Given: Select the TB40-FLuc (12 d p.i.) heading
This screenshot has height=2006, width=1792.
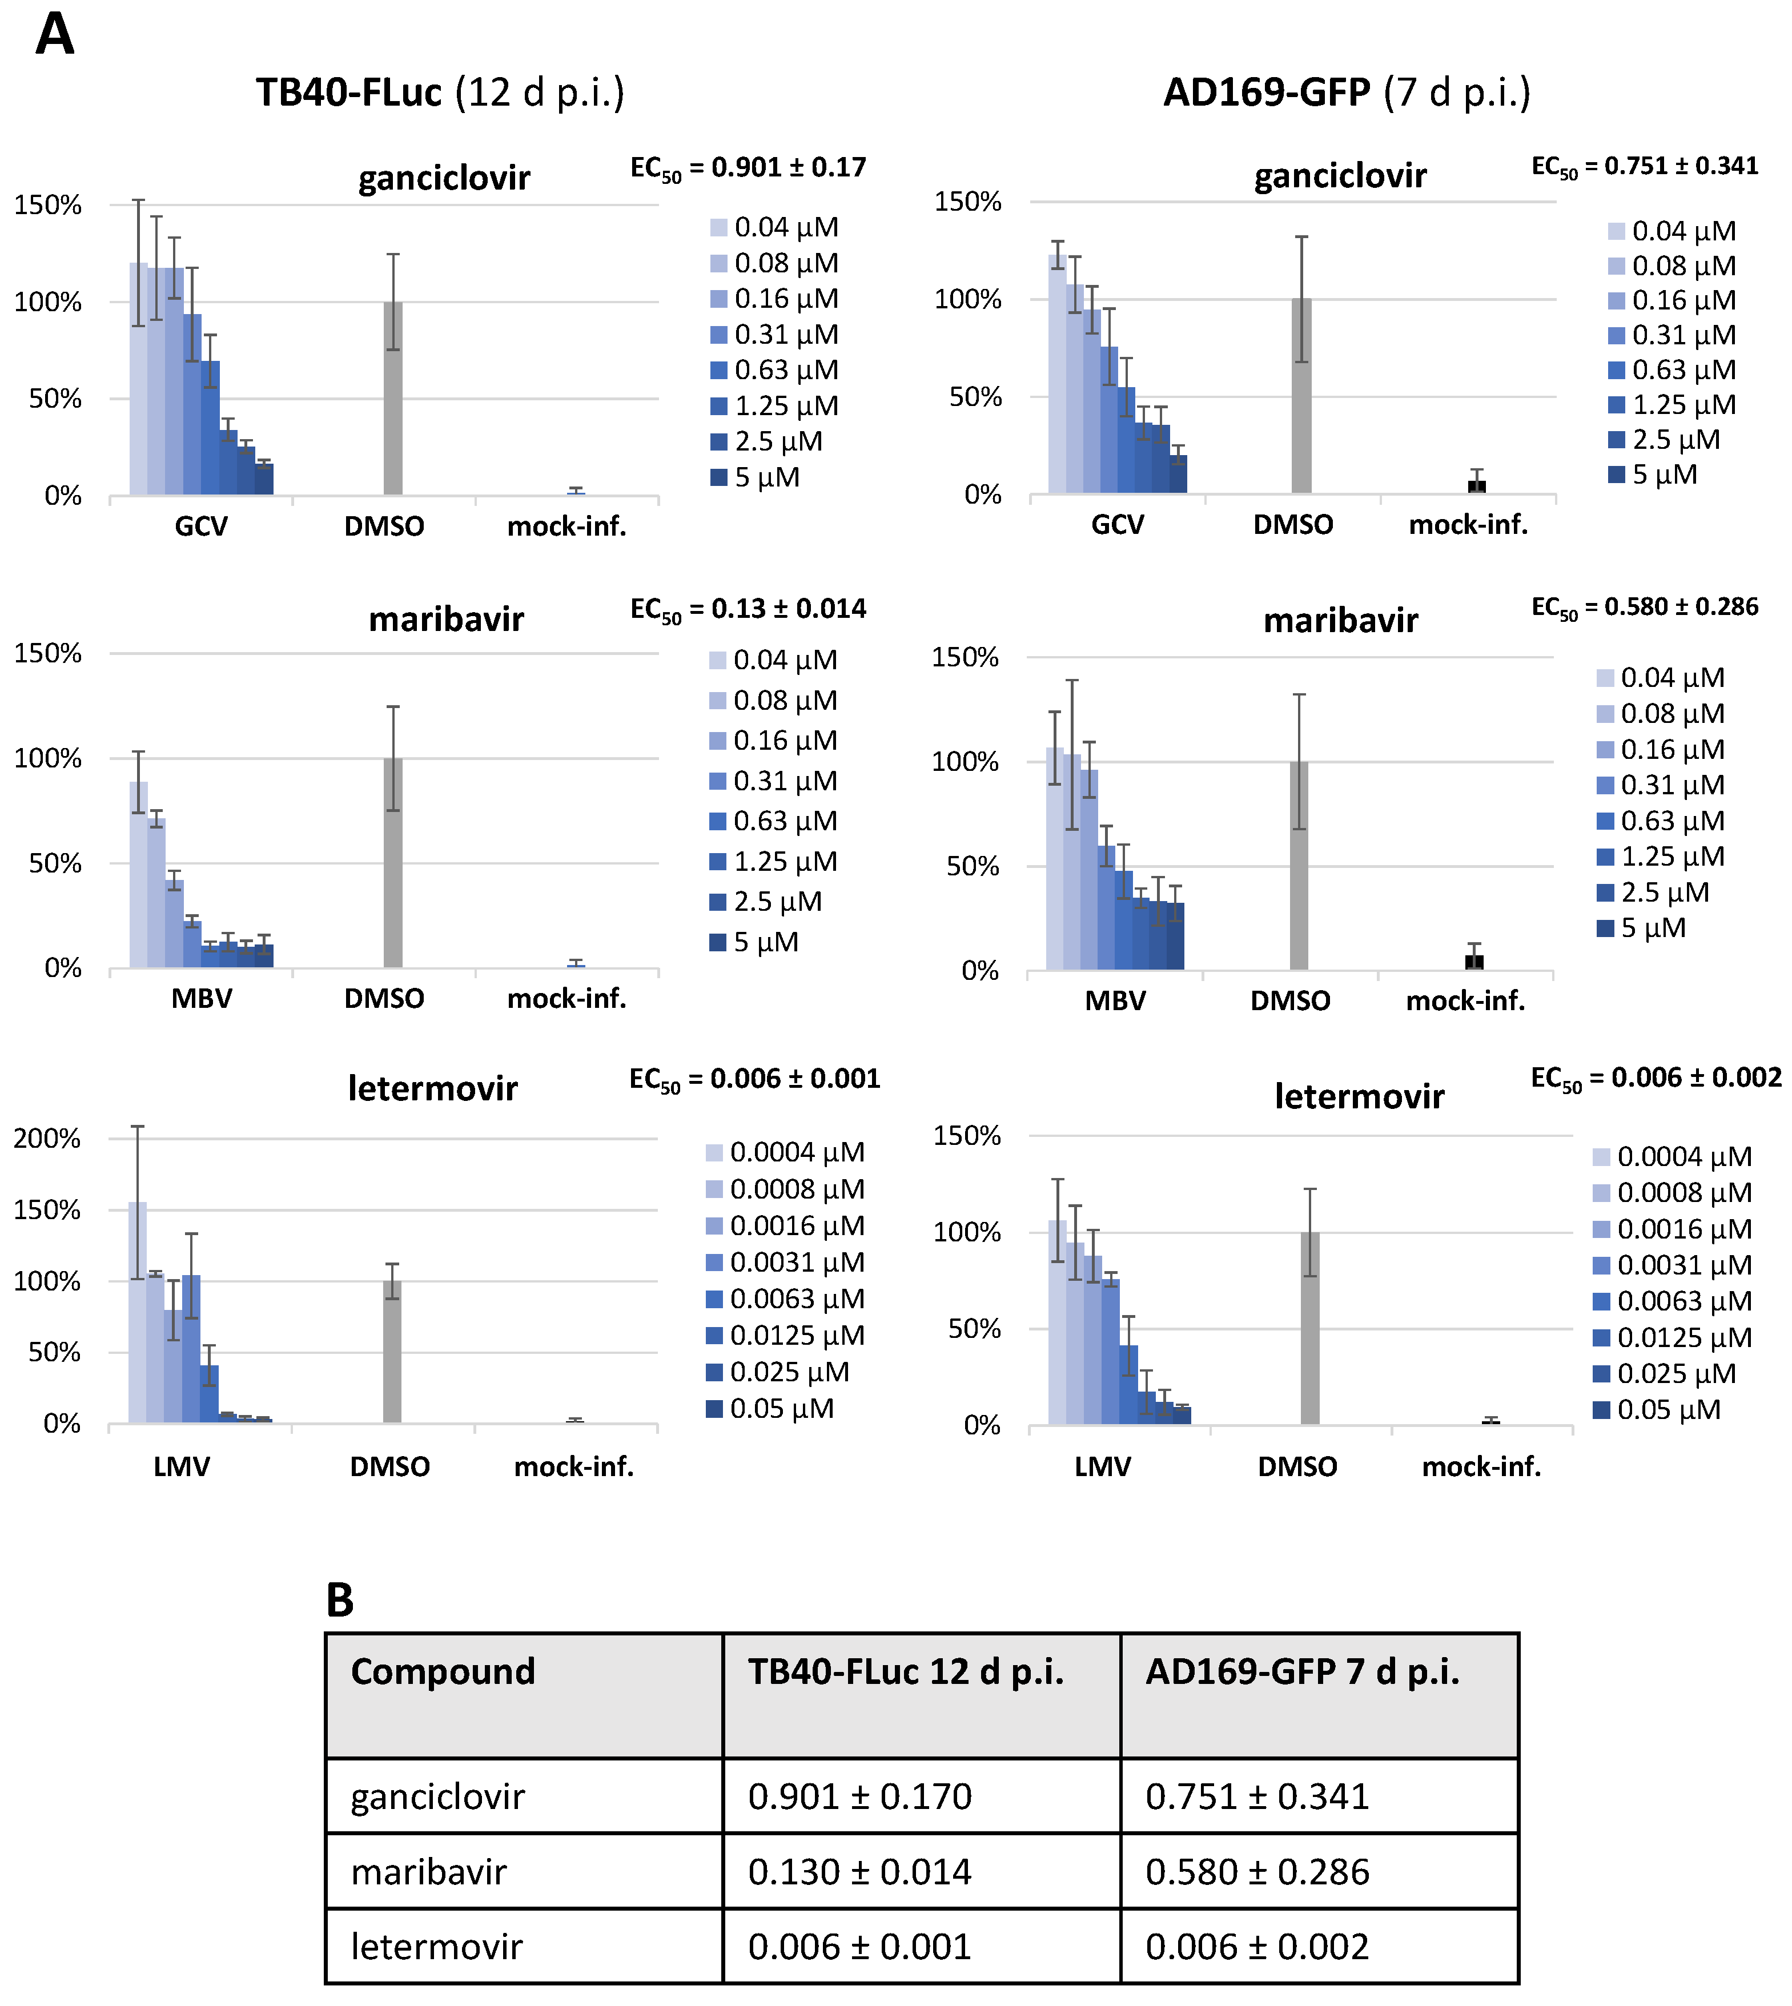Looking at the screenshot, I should click(440, 93).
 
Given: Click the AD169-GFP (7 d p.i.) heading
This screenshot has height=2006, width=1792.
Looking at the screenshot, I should click(1346, 93).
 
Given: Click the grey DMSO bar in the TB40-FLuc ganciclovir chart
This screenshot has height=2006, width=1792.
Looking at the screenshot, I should click(393, 399).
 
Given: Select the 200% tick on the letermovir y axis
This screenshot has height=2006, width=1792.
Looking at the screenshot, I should click(47, 1139).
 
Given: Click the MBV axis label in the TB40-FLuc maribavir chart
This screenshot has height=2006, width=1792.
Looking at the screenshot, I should click(202, 999).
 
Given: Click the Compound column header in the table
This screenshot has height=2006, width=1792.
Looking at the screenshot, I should click(443, 1671).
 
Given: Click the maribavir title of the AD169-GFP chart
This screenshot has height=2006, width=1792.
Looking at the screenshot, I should click(1340, 621).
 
